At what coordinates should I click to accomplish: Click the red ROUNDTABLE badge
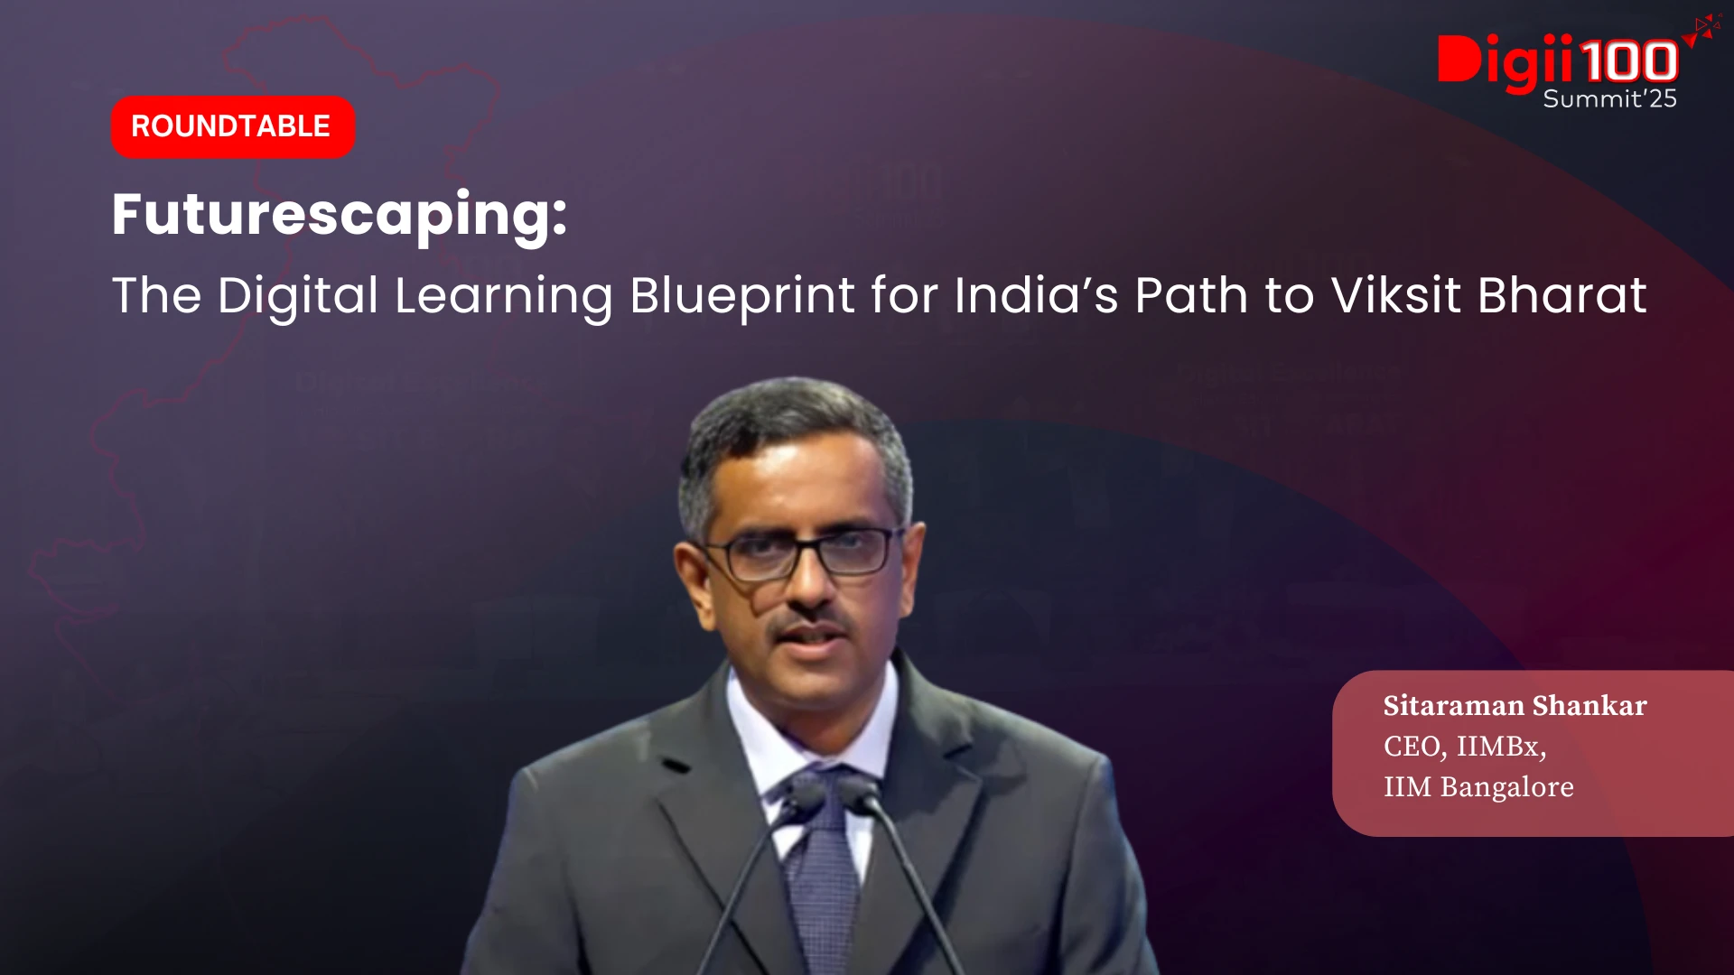233,126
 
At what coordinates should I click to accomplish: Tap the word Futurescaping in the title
340,217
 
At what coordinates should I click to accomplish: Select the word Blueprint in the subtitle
742,296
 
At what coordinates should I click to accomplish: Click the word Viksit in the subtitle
1396,295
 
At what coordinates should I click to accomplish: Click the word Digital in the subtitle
298,297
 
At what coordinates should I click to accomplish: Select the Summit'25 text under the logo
1609,98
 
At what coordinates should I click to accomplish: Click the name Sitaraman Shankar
1515,705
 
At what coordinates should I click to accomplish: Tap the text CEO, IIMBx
1464,747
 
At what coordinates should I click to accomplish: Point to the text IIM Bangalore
1478,786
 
